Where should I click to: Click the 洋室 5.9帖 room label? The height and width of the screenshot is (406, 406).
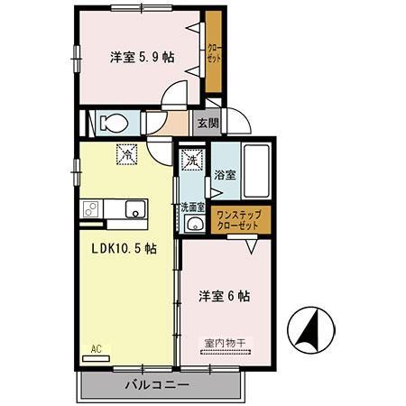coord(143,57)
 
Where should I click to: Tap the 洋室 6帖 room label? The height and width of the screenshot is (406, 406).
coord(225,295)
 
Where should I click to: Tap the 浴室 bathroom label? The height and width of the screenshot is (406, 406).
coord(225,175)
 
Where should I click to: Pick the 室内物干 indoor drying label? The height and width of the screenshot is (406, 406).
coord(225,343)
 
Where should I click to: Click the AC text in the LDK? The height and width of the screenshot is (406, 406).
coord(96,347)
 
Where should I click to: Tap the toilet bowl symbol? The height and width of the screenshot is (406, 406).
coord(114,123)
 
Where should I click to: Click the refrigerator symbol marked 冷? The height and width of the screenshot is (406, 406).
coord(128,154)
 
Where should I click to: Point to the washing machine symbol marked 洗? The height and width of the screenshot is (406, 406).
coord(191,161)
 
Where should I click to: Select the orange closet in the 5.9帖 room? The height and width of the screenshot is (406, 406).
coord(213,52)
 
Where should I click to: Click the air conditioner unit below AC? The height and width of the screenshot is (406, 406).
coord(96,357)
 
